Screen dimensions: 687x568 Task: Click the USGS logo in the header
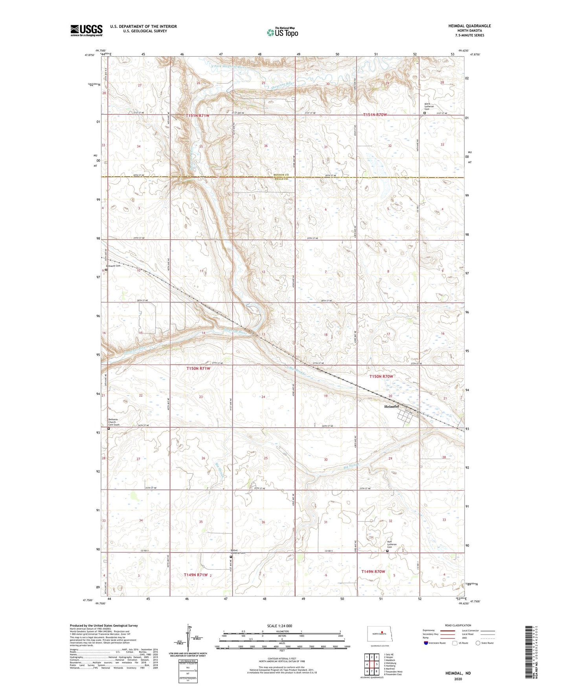pyautogui.click(x=86, y=30)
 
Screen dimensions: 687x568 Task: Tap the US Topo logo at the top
pyautogui.click(x=282, y=32)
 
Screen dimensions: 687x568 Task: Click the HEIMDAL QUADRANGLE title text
pyautogui.click(x=469, y=26)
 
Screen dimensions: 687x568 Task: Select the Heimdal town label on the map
pyautogui.click(x=391, y=407)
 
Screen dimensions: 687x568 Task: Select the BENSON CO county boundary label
pyautogui.click(x=281, y=175)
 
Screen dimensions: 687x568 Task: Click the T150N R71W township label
pyautogui.click(x=198, y=369)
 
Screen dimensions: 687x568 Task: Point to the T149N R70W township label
pyautogui.click(x=373, y=571)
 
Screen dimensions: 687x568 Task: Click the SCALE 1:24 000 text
pyautogui.click(x=279, y=626)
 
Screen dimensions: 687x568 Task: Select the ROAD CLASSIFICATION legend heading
pyautogui.click(x=458, y=625)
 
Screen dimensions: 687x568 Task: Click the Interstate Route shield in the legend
pyautogui.click(x=427, y=643)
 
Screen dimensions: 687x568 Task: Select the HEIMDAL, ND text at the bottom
pyautogui.click(x=458, y=673)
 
